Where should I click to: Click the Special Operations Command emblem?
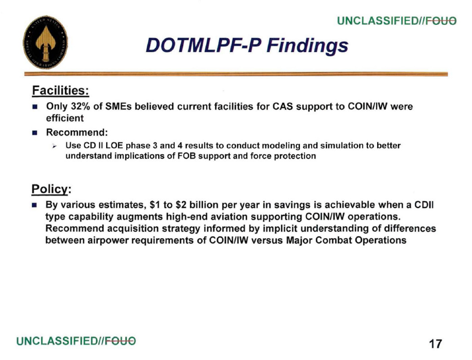(45, 42)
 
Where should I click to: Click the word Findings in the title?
(307, 46)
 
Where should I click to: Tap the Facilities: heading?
(61, 90)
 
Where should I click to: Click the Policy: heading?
(51, 189)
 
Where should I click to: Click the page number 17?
(435, 344)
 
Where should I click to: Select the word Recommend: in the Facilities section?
(77, 132)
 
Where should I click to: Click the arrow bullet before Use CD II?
(54, 146)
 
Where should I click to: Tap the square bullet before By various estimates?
(35, 206)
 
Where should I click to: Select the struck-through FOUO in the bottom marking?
(120, 341)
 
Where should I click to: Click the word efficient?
(65, 118)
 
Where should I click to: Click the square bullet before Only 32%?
(35, 107)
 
